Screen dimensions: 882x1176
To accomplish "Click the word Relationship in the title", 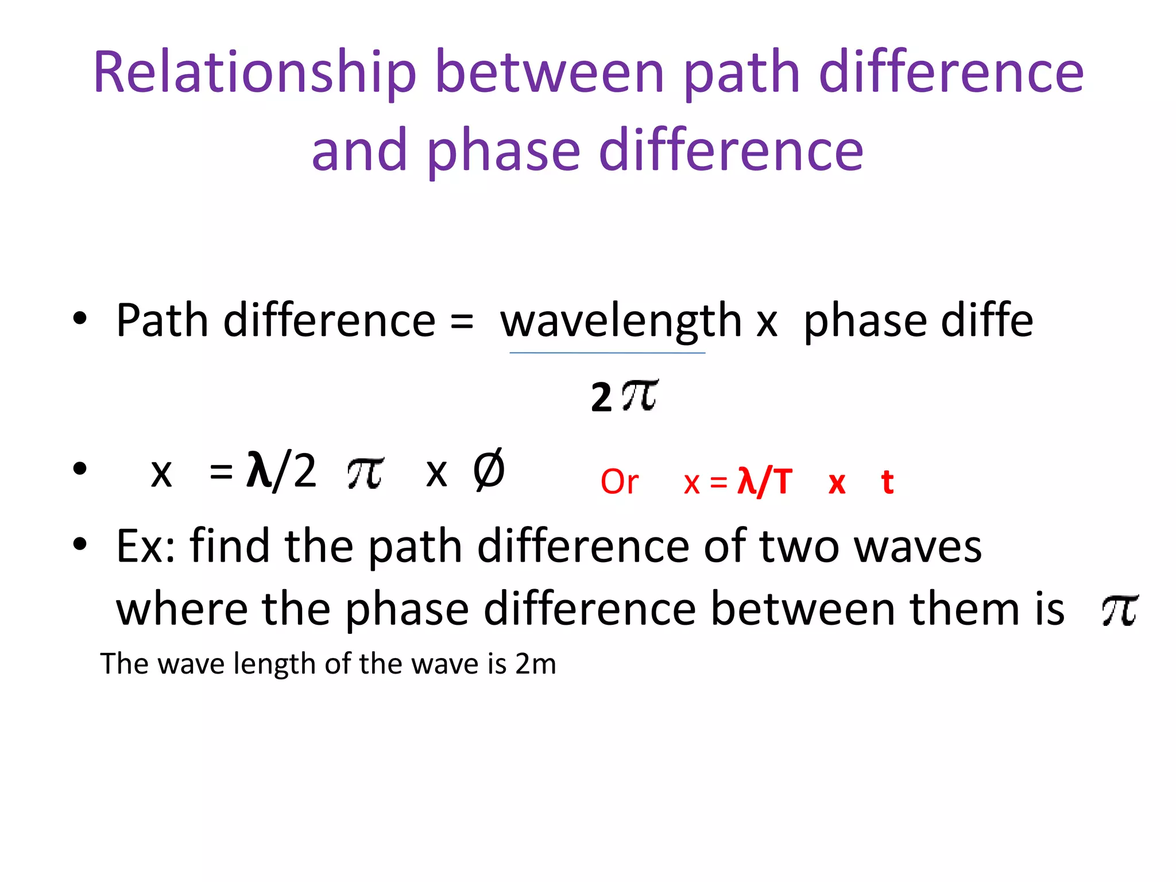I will [x=254, y=73].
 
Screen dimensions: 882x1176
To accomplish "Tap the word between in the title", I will [x=550, y=73].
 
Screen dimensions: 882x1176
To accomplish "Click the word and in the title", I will [x=359, y=150].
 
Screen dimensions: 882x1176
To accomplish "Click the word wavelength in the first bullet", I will [x=621, y=321].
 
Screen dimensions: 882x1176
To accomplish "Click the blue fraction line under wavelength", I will [x=607, y=353].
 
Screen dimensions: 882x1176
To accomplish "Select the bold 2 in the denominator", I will [x=601, y=397].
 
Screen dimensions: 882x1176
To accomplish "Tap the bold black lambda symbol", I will [x=258, y=469].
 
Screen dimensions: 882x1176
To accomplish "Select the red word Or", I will [x=619, y=482].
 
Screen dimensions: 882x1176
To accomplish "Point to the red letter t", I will [x=887, y=482].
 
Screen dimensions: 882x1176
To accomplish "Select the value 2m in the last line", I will [x=535, y=664].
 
